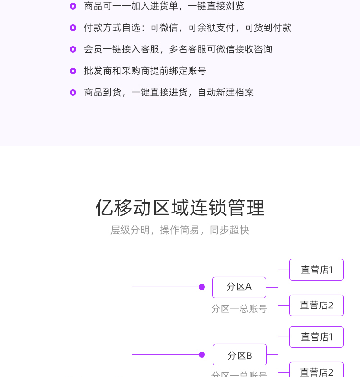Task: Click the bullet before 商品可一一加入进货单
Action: click(x=73, y=6)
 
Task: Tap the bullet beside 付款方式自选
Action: click(x=73, y=28)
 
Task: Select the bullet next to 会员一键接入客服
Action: click(x=73, y=49)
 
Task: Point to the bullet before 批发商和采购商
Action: click(x=73, y=71)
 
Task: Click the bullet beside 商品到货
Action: click(x=73, y=93)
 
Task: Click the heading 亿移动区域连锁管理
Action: click(x=180, y=208)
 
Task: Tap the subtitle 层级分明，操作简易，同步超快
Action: click(x=180, y=230)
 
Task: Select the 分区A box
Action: click(x=239, y=287)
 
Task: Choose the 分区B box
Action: click(x=240, y=355)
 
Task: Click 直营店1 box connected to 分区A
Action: click(x=316, y=270)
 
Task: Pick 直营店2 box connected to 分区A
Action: click(x=316, y=306)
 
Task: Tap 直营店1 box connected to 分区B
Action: click(x=316, y=337)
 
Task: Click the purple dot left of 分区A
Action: click(x=202, y=287)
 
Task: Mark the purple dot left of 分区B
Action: click(x=202, y=355)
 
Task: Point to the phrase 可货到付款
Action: click(x=268, y=28)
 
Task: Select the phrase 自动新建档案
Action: click(x=226, y=93)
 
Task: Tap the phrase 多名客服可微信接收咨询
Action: click(x=220, y=49)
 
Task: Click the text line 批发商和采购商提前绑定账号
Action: click(x=145, y=71)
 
